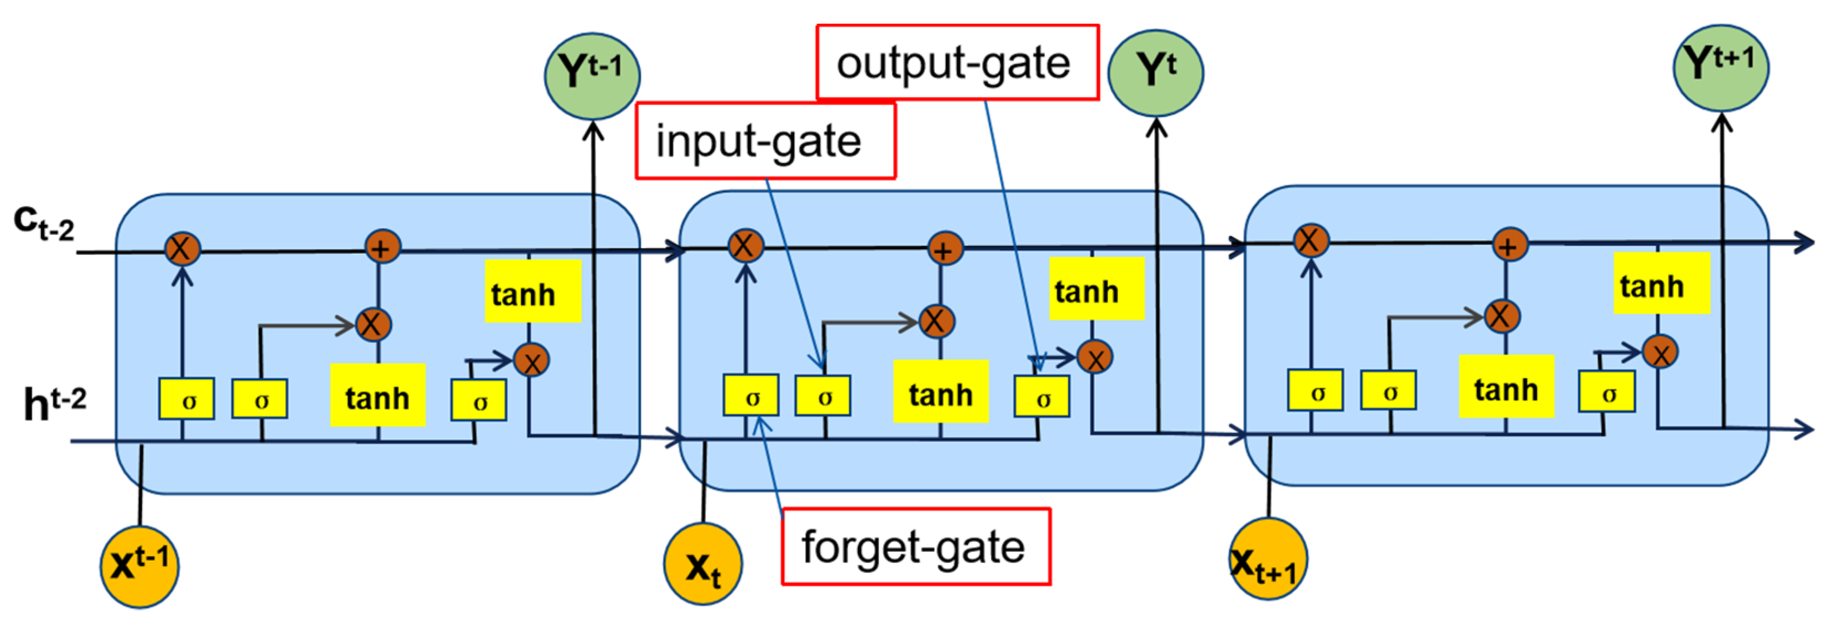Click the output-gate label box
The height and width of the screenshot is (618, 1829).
point(957,62)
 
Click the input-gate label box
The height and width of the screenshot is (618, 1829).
point(765,140)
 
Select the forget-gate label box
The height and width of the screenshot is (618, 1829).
point(915,546)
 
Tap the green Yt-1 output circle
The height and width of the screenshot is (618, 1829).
point(592,75)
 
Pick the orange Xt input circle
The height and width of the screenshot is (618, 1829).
point(702,565)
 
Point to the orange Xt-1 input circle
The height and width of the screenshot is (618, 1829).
point(139,566)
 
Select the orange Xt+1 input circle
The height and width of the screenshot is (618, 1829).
point(1267,560)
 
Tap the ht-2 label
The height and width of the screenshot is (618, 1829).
point(54,403)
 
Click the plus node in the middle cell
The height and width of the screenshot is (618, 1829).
point(944,249)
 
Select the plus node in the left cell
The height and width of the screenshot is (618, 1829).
point(382,247)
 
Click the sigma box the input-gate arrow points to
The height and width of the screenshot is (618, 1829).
point(823,395)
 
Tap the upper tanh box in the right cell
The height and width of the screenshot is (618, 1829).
point(1661,284)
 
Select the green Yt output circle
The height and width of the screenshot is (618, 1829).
point(1156,72)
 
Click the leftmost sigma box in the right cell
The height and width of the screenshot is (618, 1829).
point(1315,390)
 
